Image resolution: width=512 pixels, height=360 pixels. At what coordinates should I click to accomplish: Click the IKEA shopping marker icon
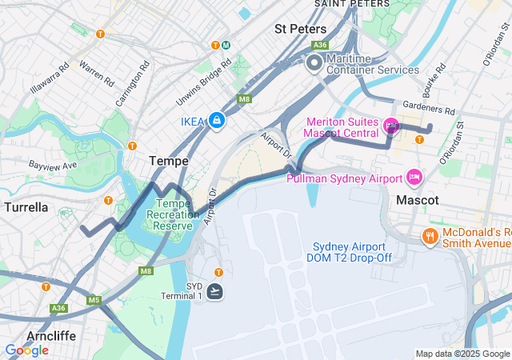pos(216,121)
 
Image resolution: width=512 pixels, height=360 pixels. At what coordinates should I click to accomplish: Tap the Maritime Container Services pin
pos(314,62)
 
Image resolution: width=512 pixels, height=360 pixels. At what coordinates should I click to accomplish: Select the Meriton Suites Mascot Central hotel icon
pos(391,125)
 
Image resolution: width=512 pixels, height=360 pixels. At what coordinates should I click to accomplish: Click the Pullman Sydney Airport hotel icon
pos(414,177)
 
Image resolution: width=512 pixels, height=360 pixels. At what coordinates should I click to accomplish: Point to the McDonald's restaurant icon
pos(430,236)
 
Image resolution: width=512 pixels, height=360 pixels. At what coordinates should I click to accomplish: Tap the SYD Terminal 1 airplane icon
pos(215,291)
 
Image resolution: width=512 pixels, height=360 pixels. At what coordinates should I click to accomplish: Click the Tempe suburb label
pos(169,161)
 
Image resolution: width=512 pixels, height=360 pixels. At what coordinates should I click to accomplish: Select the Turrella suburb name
pos(26,207)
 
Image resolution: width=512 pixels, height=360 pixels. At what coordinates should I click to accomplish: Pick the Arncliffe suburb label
pos(50,335)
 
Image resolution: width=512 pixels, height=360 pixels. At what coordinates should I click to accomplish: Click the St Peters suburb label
pos(297,28)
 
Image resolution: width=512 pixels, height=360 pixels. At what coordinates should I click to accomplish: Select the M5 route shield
pos(94,300)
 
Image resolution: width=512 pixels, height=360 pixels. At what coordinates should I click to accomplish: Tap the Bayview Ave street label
pos(52,165)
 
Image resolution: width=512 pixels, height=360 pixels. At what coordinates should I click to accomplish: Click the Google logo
pos(26,350)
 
